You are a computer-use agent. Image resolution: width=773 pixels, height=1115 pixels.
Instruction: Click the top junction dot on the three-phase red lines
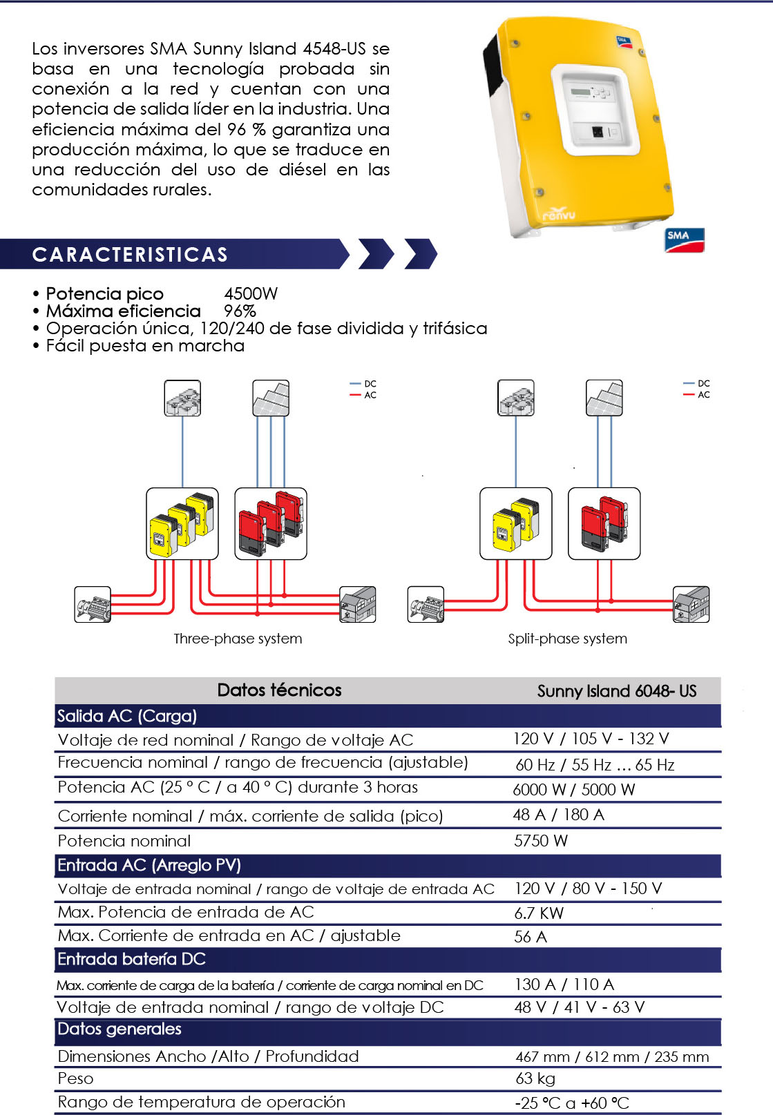tap(284, 595)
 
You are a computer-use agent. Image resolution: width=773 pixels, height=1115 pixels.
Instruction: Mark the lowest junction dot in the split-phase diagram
tap(598, 610)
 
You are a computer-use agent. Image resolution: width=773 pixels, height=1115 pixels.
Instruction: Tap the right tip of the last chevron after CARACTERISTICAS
tap(437, 254)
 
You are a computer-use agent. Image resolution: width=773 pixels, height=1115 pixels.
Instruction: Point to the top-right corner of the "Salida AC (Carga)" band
tap(720, 704)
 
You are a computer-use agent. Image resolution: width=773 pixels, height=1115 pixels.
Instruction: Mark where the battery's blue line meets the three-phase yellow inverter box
tap(182, 488)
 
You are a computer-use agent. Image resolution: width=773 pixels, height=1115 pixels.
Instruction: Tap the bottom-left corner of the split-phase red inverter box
tap(569, 559)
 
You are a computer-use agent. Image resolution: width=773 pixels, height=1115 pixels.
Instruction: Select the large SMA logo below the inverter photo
tap(685, 240)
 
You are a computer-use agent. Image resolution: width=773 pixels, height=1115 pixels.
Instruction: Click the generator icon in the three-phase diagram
tap(93, 604)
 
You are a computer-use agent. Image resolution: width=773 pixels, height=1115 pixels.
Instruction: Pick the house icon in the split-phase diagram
tap(691, 604)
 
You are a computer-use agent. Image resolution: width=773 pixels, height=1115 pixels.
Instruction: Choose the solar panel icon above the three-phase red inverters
tap(271, 398)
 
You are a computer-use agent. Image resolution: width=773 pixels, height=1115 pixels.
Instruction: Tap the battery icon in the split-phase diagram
tap(516, 398)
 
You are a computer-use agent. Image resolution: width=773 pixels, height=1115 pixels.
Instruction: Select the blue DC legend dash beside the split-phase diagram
tap(689, 383)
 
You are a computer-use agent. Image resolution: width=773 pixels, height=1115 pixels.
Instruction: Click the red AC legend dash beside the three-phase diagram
tap(355, 395)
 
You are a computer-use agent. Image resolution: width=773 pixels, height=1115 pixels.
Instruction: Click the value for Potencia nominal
tap(541, 841)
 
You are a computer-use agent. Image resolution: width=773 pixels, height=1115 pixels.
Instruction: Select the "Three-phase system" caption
tap(238, 639)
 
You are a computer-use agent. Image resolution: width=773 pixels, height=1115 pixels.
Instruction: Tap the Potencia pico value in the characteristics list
tap(251, 293)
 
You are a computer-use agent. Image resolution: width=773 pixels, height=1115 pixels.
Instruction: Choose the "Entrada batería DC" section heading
tap(131, 959)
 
